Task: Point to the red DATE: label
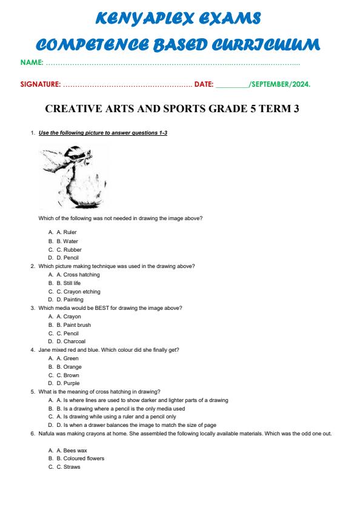pyautogui.click(x=204, y=84)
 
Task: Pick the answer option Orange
pyautogui.click(x=72, y=367)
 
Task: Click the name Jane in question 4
pyautogui.click(x=44, y=350)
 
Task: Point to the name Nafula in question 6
pyautogui.click(x=47, y=434)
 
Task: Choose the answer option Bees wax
pyautogui.click(x=75, y=451)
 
